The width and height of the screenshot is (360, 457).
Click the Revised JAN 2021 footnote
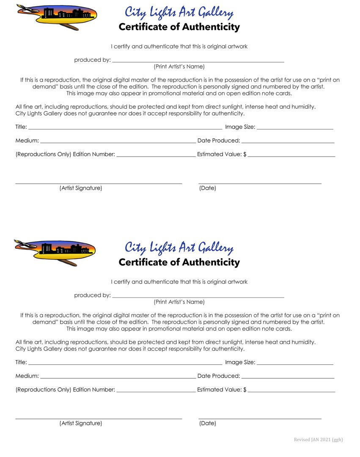pyautogui.click(x=318, y=440)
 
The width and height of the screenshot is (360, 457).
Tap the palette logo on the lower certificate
pyautogui.click(x=55, y=252)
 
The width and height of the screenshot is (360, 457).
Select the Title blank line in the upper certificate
pyautogui.click(x=125, y=127)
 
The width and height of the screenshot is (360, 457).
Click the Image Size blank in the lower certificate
pyautogui.click(x=295, y=363)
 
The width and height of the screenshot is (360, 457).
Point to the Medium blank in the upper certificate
pyautogui.click(x=118, y=141)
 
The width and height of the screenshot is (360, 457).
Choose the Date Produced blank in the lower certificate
pyautogui.click(x=288, y=376)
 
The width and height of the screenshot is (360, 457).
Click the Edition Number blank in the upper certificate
pyautogui.click(x=156, y=155)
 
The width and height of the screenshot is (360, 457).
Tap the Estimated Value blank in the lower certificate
pyautogui.click(x=291, y=390)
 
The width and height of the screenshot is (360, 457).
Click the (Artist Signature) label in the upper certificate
pyautogui.click(x=81, y=188)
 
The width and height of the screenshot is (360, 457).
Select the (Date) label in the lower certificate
pyautogui.click(x=207, y=423)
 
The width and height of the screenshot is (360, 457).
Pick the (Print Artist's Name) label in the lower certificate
pyautogui.click(x=179, y=302)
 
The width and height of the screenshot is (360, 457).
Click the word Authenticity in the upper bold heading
pyautogui.click(x=210, y=27)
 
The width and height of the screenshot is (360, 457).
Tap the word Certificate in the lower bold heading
pyautogui.click(x=143, y=262)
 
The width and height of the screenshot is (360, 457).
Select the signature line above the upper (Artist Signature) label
pyautogui.click(x=99, y=183)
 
